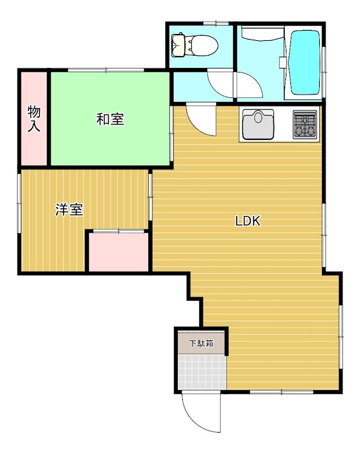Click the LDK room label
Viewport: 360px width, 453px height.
coord(247,221)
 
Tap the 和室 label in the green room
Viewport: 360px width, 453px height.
coord(110,119)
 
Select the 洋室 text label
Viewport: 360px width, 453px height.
coord(69,210)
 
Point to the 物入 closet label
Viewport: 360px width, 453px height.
coord(35,119)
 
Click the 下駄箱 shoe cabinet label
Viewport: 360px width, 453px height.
coord(201,343)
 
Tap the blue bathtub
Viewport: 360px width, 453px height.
coord(306,62)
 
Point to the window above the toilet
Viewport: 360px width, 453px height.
coord(212,23)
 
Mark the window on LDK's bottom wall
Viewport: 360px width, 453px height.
coord(281,391)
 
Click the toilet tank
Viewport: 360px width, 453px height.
coord(178,45)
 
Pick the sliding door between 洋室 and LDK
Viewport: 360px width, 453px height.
coord(151,195)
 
